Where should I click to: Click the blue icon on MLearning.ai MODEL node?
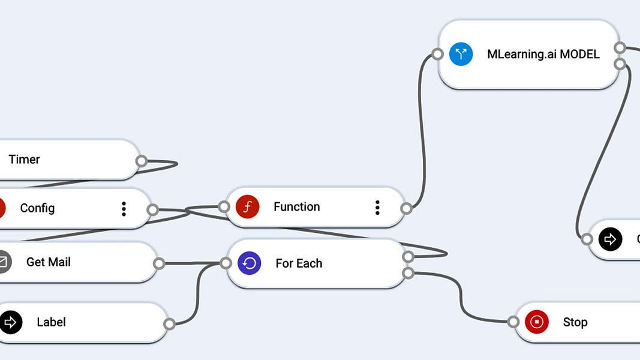pos(461,54)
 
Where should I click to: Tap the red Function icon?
pos(247,207)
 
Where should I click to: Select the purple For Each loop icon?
pos(250,263)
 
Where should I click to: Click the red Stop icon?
pos(537,322)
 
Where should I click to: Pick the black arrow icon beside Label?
pos(10,322)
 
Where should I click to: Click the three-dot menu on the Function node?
pos(377,208)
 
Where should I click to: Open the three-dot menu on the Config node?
pos(124,209)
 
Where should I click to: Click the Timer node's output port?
pos(141,161)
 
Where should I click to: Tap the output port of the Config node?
pos(153,210)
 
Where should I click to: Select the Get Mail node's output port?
pos(159,263)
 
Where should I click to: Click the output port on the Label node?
pos(169,324)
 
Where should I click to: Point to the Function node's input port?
pos(224,206)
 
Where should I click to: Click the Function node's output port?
pos(406,209)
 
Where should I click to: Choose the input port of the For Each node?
pos(226,263)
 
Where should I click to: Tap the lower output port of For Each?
pos(408,273)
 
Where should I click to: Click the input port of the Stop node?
pos(513,322)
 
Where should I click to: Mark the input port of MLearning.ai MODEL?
pos(437,54)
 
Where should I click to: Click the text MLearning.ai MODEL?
pos(543,54)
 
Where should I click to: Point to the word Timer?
pos(24,159)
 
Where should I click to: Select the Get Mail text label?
pos(48,262)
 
